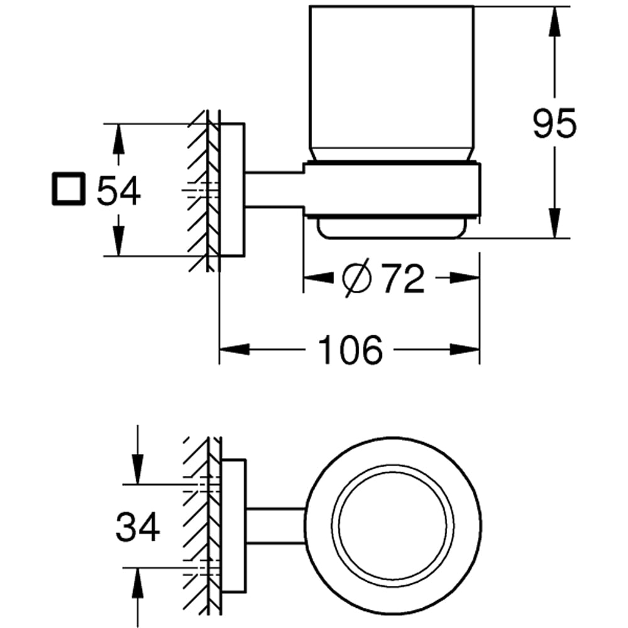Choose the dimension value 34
point(138,528)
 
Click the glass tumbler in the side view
point(391,82)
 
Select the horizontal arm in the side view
point(274,190)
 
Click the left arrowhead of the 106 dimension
point(232,349)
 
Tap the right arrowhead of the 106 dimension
point(466,349)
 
